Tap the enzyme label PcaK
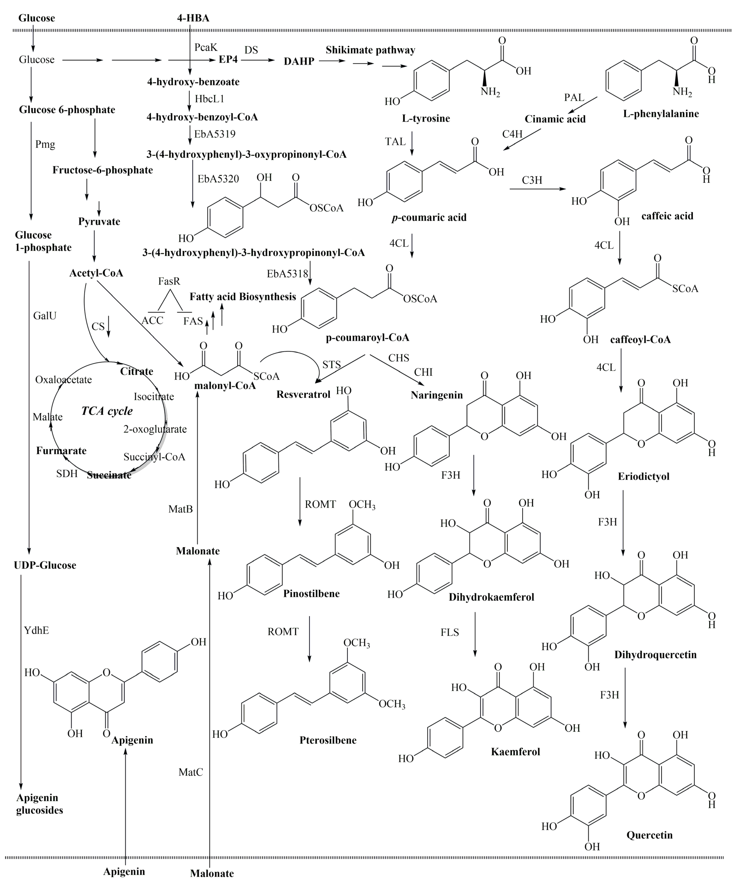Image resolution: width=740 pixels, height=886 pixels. click(x=206, y=47)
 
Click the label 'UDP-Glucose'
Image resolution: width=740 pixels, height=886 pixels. click(x=45, y=565)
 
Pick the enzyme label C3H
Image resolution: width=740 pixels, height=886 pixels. click(x=532, y=180)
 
